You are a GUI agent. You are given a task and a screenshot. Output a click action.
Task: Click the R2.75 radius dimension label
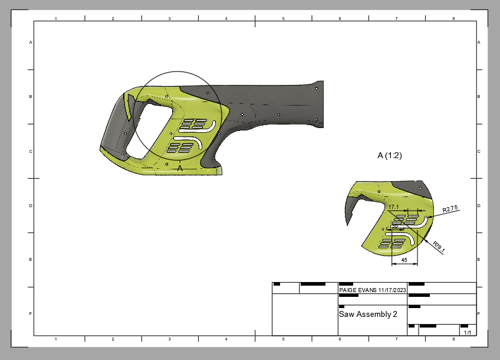(450, 209)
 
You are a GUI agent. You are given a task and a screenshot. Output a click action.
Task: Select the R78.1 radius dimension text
(439, 246)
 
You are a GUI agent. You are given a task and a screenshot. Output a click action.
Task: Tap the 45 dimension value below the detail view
(404, 259)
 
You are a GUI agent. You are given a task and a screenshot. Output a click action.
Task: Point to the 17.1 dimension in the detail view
(394, 207)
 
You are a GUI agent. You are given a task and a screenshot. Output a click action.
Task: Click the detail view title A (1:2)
(390, 156)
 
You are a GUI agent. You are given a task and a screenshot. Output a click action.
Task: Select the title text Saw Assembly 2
(368, 314)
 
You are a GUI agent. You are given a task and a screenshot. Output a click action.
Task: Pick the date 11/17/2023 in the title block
(392, 290)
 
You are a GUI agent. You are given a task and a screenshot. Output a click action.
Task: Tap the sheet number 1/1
(467, 333)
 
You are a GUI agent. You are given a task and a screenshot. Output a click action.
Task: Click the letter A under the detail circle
(180, 168)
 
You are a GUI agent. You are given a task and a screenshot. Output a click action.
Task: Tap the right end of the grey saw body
(319, 103)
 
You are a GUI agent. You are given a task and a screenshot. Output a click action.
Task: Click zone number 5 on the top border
(283, 19)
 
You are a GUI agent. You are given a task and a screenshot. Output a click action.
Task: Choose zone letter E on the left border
(31, 260)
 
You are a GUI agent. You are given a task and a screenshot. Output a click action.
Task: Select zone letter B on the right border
(479, 96)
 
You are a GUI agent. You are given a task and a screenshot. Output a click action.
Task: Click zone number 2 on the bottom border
(113, 339)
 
